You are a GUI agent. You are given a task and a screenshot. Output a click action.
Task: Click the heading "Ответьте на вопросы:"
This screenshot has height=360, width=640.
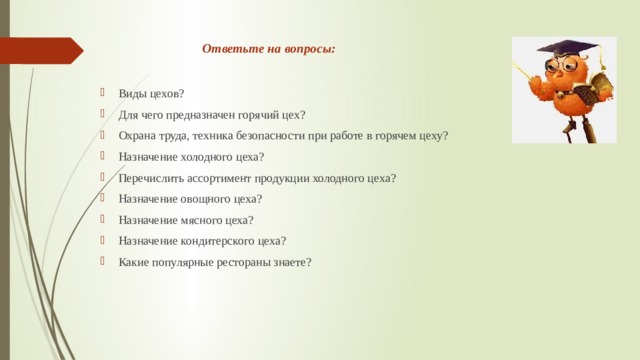point(269,48)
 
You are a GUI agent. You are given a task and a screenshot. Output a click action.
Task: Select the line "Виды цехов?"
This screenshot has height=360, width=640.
point(151,94)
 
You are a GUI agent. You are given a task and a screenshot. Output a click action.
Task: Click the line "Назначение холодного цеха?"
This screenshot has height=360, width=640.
point(191,157)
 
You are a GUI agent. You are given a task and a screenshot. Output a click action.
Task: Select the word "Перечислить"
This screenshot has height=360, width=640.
point(149,178)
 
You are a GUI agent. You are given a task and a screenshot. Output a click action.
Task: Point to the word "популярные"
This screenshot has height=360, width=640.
point(182,262)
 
